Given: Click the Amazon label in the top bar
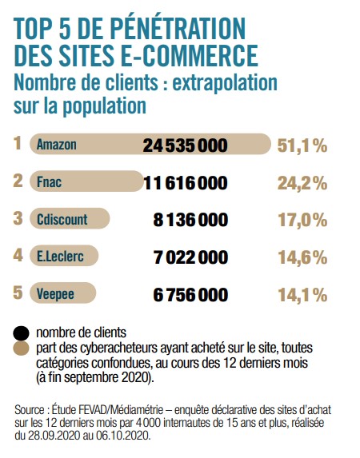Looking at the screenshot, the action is pos(57,145).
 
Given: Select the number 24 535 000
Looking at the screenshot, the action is pos(185,145).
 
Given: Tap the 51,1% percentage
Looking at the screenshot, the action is pos(302,145).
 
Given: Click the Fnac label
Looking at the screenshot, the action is pos(49,181).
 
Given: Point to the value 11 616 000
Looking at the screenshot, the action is pos(186,183).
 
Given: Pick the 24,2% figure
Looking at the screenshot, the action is pos(302,183).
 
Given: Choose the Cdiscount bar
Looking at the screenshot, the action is pos(70,218).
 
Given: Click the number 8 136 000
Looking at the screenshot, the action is pos(190,220).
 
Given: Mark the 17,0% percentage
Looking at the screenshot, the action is pos(302,220).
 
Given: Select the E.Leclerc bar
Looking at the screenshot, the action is pos(64,256).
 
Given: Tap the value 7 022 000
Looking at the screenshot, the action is pos(190,257).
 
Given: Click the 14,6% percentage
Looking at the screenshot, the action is pos(302,257).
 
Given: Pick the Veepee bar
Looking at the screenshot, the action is pos(62,293).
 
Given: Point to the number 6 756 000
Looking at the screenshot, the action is pos(190,294).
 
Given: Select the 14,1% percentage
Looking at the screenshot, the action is pos(302,295).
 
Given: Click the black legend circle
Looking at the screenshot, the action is pos(21,333).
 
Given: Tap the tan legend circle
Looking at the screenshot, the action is pos(21,348).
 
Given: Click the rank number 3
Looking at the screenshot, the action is pos(18,218).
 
